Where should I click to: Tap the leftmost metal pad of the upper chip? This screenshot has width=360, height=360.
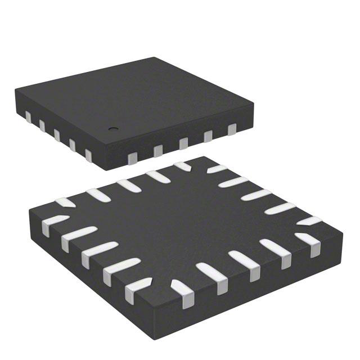click(28, 116)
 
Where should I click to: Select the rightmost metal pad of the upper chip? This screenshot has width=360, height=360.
click(232, 131)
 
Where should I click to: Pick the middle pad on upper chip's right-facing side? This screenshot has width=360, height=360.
click(183, 143)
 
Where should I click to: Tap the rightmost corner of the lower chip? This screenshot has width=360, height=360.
click(342, 229)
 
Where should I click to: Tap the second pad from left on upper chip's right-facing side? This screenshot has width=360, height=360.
click(158, 149)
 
